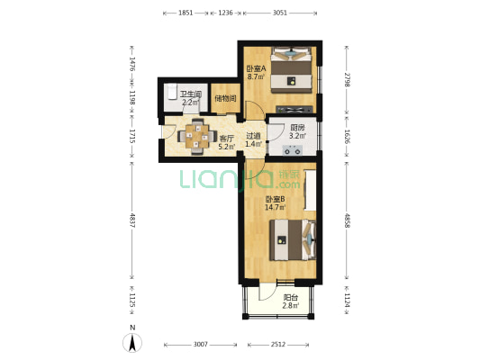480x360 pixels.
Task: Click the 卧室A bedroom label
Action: pyautogui.click(x=257, y=68)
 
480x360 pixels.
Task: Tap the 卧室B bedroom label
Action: pyautogui.click(x=275, y=199)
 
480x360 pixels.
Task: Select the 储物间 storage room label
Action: pyautogui.click(x=226, y=98)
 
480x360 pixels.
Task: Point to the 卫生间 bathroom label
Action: pyautogui.click(x=190, y=94)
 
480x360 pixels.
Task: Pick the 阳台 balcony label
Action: pyautogui.click(x=291, y=297)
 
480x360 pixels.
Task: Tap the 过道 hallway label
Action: pyautogui.click(x=253, y=136)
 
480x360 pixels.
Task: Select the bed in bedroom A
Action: pyautogui.click(x=291, y=69)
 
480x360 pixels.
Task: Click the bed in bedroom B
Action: pyautogui.click(x=293, y=239)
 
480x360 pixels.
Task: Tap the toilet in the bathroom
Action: pyautogui.click(x=172, y=91)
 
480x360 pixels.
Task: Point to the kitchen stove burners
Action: pyautogui.click(x=293, y=150)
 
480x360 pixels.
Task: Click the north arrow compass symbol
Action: pyautogui.click(x=132, y=343)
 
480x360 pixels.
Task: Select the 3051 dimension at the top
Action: pyautogui.click(x=280, y=13)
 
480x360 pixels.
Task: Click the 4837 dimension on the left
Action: pyautogui.click(x=132, y=220)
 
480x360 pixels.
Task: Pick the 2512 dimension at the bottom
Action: pyautogui.click(x=278, y=345)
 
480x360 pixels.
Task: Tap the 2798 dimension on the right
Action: pyautogui.click(x=347, y=79)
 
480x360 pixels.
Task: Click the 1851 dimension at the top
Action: pyautogui.click(x=186, y=13)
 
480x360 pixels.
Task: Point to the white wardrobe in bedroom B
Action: pyautogui.click(x=310, y=190)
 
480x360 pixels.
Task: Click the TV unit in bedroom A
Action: pyautogui.click(x=294, y=109)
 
